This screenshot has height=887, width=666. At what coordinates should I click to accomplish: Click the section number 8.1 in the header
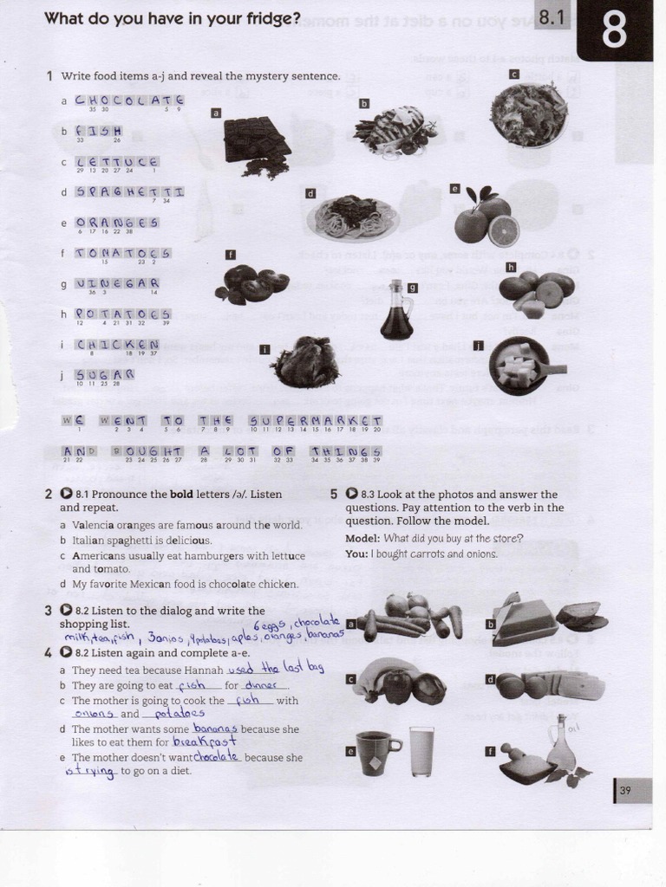(552, 16)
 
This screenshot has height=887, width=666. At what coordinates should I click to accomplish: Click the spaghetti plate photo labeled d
(352, 217)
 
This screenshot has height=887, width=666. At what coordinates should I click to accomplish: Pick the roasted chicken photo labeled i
(305, 363)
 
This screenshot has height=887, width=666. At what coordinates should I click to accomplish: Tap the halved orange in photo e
(503, 231)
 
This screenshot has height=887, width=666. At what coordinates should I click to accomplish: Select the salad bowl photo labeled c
(529, 114)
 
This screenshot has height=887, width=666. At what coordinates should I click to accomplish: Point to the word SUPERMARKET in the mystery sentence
(316, 420)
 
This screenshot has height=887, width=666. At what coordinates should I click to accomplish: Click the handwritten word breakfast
(205, 742)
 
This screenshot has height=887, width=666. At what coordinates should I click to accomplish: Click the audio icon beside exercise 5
(351, 494)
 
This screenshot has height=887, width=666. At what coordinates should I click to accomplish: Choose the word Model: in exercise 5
(362, 538)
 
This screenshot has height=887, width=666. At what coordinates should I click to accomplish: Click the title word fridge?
(267, 18)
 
